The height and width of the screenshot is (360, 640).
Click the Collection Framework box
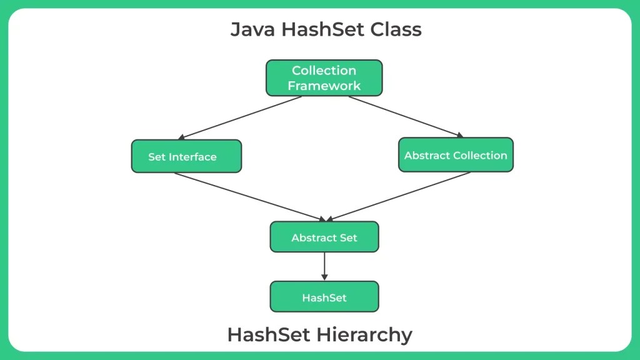tap(324, 78)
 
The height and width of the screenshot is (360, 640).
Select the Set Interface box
tap(186, 156)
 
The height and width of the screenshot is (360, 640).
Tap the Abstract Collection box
tap(456, 155)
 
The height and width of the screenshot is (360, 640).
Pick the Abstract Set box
tap(324, 237)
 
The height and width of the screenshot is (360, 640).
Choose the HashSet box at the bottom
tap(324, 297)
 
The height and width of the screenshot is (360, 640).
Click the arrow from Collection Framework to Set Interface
tap(241, 117)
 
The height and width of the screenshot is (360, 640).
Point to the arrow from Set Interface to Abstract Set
tap(250, 196)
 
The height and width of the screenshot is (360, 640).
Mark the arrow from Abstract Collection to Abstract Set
tap(400, 196)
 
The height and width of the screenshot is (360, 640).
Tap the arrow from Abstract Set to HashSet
tap(324, 266)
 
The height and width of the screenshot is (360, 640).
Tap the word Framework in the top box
tap(324, 86)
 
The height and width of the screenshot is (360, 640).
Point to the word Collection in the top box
tap(324, 71)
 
